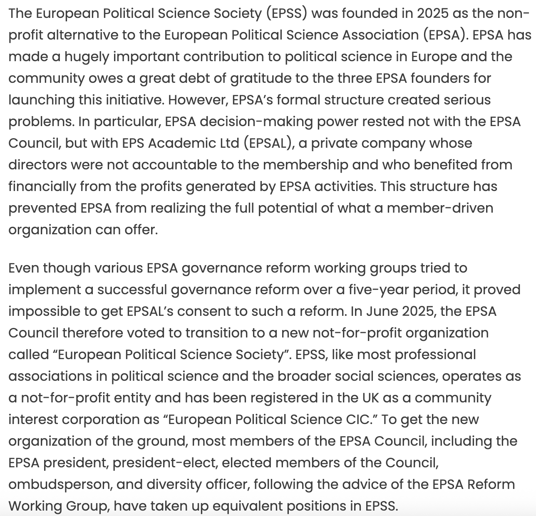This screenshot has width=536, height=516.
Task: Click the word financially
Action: click(42, 187)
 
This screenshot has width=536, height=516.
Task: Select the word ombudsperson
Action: click(58, 485)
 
